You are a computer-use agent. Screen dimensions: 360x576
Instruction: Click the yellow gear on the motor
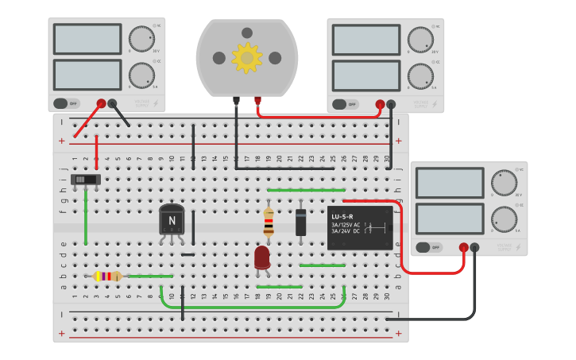click(x=246, y=57)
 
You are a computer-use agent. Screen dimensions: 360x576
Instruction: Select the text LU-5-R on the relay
click(x=342, y=216)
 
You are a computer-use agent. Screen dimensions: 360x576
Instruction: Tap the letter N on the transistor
click(x=172, y=221)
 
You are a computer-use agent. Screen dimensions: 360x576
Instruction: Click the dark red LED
click(x=262, y=257)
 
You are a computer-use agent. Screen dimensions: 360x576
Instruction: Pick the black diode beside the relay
click(x=301, y=222)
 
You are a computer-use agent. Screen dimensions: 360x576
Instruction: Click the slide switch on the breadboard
click(x=86, y=180)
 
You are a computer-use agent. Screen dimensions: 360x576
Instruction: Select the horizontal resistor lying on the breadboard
click(x=107, y=276)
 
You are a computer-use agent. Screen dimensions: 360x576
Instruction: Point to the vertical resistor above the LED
click(x=269, y=223)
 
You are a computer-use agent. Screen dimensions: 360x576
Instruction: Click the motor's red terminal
click(x=257, y=100)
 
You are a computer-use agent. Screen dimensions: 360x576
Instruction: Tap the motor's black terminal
click(x=236, y=100)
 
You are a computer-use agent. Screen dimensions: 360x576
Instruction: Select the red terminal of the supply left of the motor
click(x=101, y=103)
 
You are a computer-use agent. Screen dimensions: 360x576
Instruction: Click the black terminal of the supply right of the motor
click(x=391, y=103)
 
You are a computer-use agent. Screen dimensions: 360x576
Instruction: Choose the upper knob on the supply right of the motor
click(x=420, y=39)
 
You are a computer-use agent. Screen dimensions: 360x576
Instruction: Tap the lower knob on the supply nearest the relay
click(x=504, y=219)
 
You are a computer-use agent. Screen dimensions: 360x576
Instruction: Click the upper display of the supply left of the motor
click(x=87, y=39)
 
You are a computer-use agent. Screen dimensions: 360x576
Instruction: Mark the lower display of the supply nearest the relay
click(x=450, y=219)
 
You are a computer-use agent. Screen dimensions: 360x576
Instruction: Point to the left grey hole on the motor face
click(x=219, y=57)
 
